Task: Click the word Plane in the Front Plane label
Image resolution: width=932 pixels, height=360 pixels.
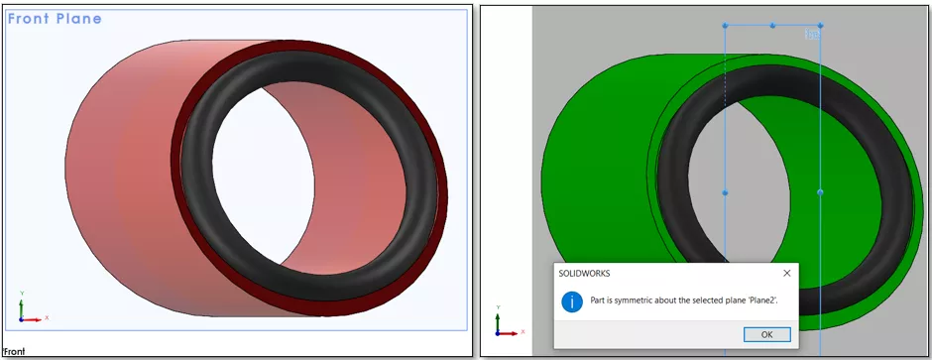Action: coord(79,19)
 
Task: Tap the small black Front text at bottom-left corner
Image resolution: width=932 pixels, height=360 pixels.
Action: coord(14,351)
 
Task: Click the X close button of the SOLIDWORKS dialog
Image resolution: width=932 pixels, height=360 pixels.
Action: coord(786,273)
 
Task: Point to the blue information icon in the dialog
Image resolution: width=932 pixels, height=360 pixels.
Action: coord(572,301)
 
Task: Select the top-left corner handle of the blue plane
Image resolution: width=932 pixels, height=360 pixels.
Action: coord(725,26)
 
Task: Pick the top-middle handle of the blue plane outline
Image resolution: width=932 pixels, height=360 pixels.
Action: coord(772,26)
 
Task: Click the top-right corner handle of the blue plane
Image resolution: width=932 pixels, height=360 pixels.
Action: coord(820,26)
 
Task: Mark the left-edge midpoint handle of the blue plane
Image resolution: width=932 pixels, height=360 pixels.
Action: coord(725,192)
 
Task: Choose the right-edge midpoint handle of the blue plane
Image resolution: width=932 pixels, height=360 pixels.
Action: coord(820,192)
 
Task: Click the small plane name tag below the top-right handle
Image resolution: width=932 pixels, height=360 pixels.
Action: coord(811,36)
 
